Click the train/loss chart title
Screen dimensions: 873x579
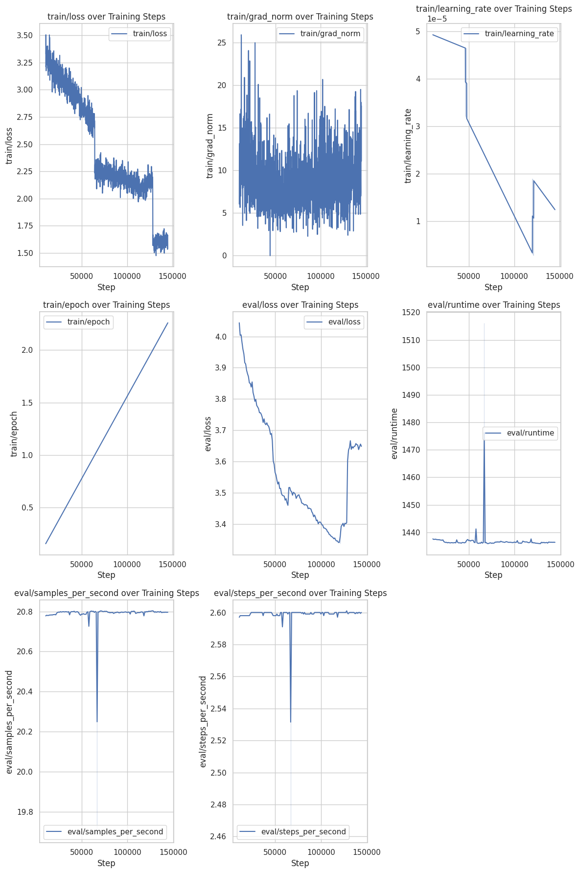point(106,17)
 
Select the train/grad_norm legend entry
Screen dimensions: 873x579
point(320,34)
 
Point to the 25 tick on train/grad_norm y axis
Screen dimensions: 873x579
point(222,43)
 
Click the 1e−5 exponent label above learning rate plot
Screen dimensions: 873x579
point(437,19)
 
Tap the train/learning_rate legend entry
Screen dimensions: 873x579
point(509,34)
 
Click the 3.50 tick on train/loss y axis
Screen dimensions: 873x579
point(24,35)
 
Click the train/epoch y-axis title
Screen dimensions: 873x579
point(14,434)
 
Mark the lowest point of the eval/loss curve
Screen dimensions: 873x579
point(339,542)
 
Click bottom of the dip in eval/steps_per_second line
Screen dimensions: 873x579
point(291,722)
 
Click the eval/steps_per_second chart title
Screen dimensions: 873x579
point(300,593)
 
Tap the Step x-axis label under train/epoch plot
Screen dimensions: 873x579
point(106,575)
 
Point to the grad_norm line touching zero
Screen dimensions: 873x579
point(270,255)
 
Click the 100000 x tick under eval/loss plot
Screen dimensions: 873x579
point(321,564)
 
